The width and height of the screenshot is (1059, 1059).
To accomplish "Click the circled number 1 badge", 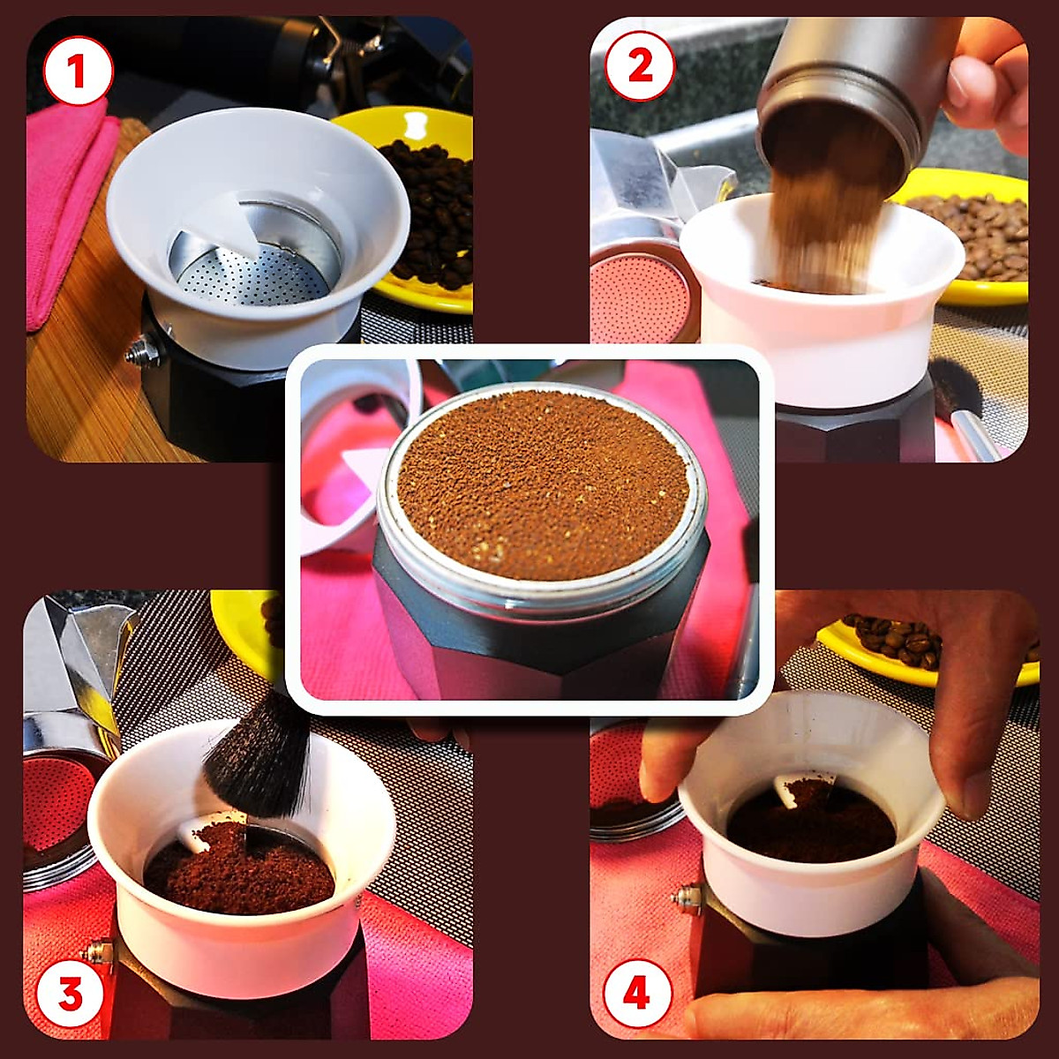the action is [78, 72].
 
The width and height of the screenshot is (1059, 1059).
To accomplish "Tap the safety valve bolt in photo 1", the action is [144, 349].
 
